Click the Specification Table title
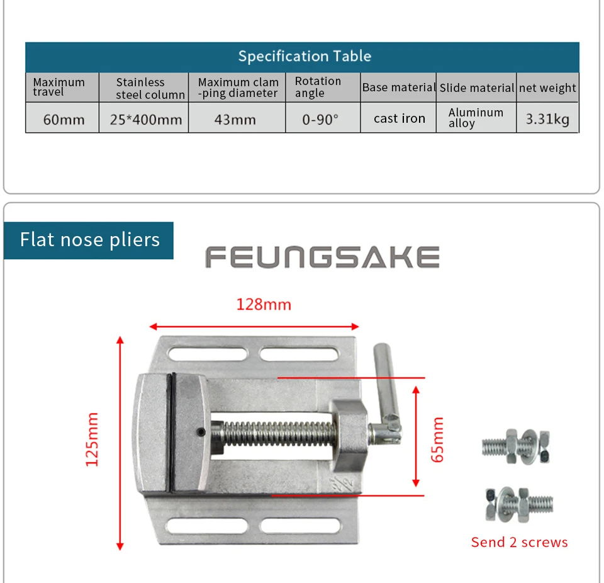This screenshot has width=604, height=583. [305, 56]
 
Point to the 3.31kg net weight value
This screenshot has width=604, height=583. [547, 119]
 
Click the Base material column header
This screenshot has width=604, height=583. [398, 88]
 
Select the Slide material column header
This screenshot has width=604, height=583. [476, 88]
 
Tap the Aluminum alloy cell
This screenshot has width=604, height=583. [476, 118]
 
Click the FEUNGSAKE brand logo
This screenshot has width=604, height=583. [322, 257]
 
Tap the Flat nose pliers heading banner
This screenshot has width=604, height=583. [89, 241]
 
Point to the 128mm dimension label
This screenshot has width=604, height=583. [264, 305]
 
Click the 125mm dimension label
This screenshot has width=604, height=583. [92, 439]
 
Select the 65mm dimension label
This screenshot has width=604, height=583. [437, 439]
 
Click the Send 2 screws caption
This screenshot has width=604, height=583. [519, 542]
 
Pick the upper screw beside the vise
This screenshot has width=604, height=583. [516, 446]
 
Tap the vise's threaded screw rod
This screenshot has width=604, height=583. [277, 434]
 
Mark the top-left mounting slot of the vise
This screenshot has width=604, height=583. [208, 354]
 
